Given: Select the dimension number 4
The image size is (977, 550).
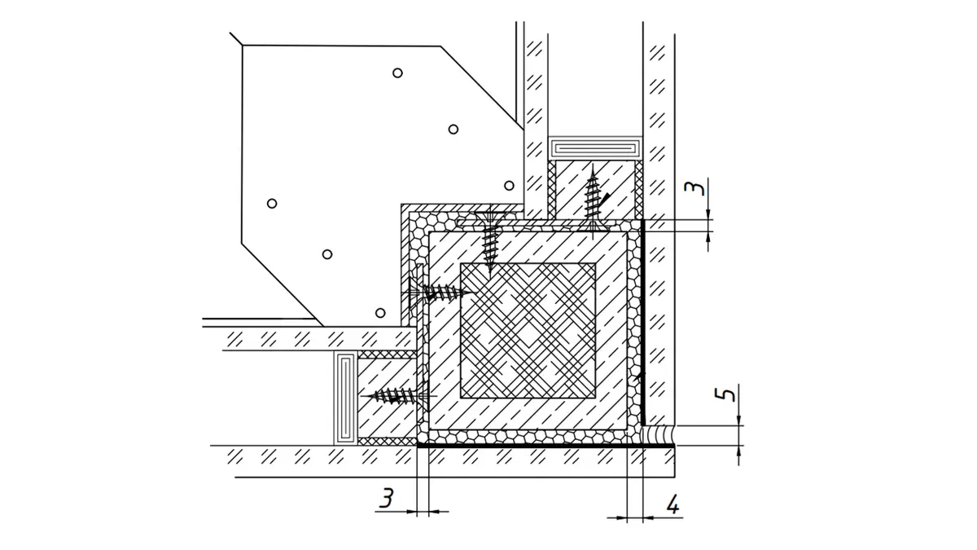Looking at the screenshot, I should [x=673, y=505].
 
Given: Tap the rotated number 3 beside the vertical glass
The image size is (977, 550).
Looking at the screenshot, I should [x=694, y=189].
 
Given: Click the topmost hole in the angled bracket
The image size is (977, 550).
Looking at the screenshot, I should [x=397, y=73].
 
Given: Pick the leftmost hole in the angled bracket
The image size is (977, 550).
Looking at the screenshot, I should [x=272, y=203].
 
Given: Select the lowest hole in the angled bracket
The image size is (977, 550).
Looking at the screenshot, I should [x=380, y=313].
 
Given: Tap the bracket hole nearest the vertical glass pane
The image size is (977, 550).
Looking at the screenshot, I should [x=509, y=185].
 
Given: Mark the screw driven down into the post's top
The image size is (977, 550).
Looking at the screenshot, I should [x=490, y=241].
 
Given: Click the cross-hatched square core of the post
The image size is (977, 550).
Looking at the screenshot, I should [x=528, y=330].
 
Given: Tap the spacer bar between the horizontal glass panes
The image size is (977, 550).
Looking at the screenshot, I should [x=345, y=398].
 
